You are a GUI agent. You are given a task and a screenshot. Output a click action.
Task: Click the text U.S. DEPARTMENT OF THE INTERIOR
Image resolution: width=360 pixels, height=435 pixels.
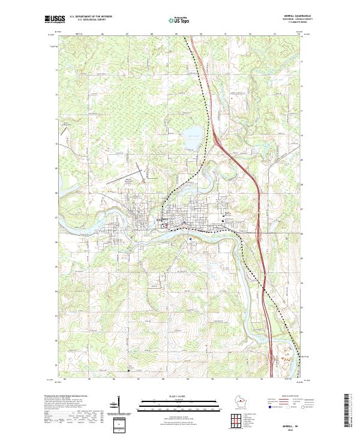tap(91, 17)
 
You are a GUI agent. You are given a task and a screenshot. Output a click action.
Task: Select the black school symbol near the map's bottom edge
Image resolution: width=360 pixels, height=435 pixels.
tap(128, 370)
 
